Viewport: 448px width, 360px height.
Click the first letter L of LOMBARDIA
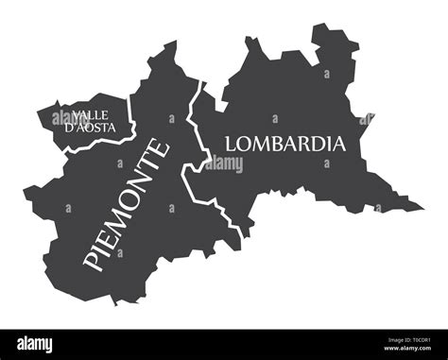click(x=231, y=144)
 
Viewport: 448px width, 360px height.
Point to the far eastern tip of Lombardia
click(x=422, y=206)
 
